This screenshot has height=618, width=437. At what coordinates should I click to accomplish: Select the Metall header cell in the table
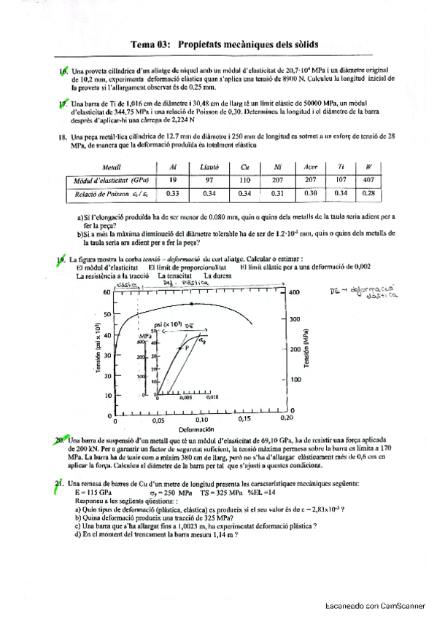[112, 167]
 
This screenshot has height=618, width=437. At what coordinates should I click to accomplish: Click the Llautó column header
[209, 167]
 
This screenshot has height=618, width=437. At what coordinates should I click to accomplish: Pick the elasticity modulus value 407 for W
[368, 179]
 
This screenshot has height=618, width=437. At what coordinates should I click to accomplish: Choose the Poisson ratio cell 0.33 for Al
[173, 193]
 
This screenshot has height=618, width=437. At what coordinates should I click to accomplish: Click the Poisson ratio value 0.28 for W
[368, 193]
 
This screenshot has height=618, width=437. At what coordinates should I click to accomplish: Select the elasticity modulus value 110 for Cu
[244, 179]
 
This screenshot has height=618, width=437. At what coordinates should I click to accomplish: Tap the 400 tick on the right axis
[294, 292]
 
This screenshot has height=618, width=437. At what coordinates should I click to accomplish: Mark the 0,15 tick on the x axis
[244, 420]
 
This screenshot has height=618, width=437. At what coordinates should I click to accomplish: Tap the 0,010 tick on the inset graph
[212, 398]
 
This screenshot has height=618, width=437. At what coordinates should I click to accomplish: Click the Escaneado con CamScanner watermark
[375, 605]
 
